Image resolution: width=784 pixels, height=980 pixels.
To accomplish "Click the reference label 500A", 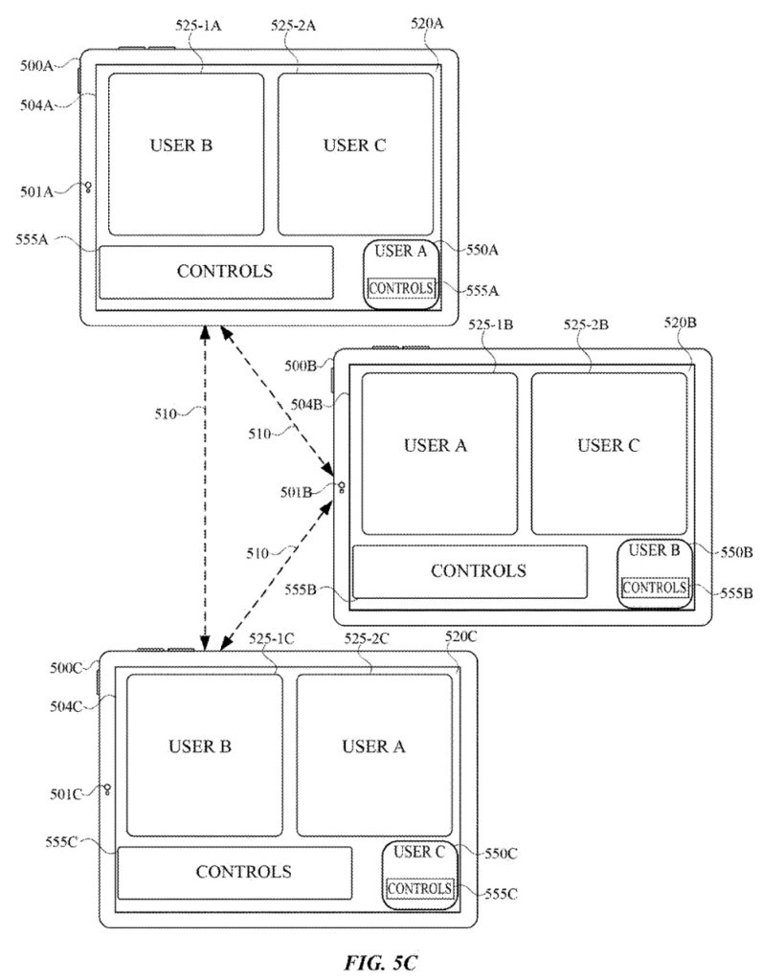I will pos(35,66).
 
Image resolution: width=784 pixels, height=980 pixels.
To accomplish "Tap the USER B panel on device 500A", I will pos(185,153).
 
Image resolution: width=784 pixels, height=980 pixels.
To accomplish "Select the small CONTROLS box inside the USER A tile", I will pos(402,287).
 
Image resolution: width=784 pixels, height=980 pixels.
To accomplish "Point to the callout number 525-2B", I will pos(587,325).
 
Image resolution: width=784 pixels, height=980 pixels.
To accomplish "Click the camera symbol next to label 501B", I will pos(341,489).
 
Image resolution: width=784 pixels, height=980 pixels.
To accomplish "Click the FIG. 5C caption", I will pos(392,961).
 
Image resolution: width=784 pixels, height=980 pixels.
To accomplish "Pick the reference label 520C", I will pos(460,635).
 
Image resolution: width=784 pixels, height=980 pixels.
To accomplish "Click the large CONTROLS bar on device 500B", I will pos(469,571).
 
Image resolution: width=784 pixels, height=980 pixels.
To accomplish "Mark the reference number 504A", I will pos(35,95).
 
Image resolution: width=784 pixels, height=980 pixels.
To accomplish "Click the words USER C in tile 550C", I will pos(419,852).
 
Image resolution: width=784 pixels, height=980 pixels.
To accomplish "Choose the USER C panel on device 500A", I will pos(355,153).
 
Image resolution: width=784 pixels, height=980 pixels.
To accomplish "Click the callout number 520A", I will pos(427,26).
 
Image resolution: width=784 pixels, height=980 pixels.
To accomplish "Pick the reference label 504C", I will pos(65,706).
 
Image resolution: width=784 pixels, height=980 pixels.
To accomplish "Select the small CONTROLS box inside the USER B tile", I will pos(655,588).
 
